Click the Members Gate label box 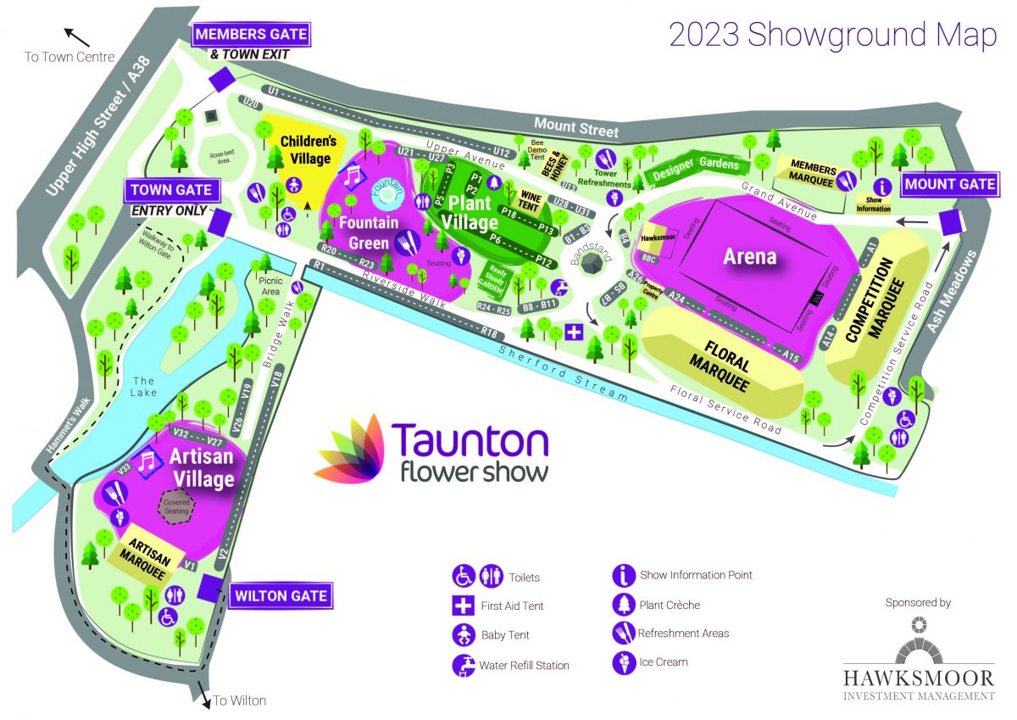click(251, 36)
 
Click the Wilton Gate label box click(281, 595)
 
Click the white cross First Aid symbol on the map click(574, 331)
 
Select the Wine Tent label click(531, 199)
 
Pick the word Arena click(750, 255)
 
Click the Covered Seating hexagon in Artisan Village click(176, 506)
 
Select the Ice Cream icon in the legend click(623, 662)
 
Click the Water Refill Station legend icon click(464, 664)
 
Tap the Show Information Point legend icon click(623, 575)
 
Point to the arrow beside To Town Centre click(78, 36)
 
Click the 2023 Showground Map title click(833, 35)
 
